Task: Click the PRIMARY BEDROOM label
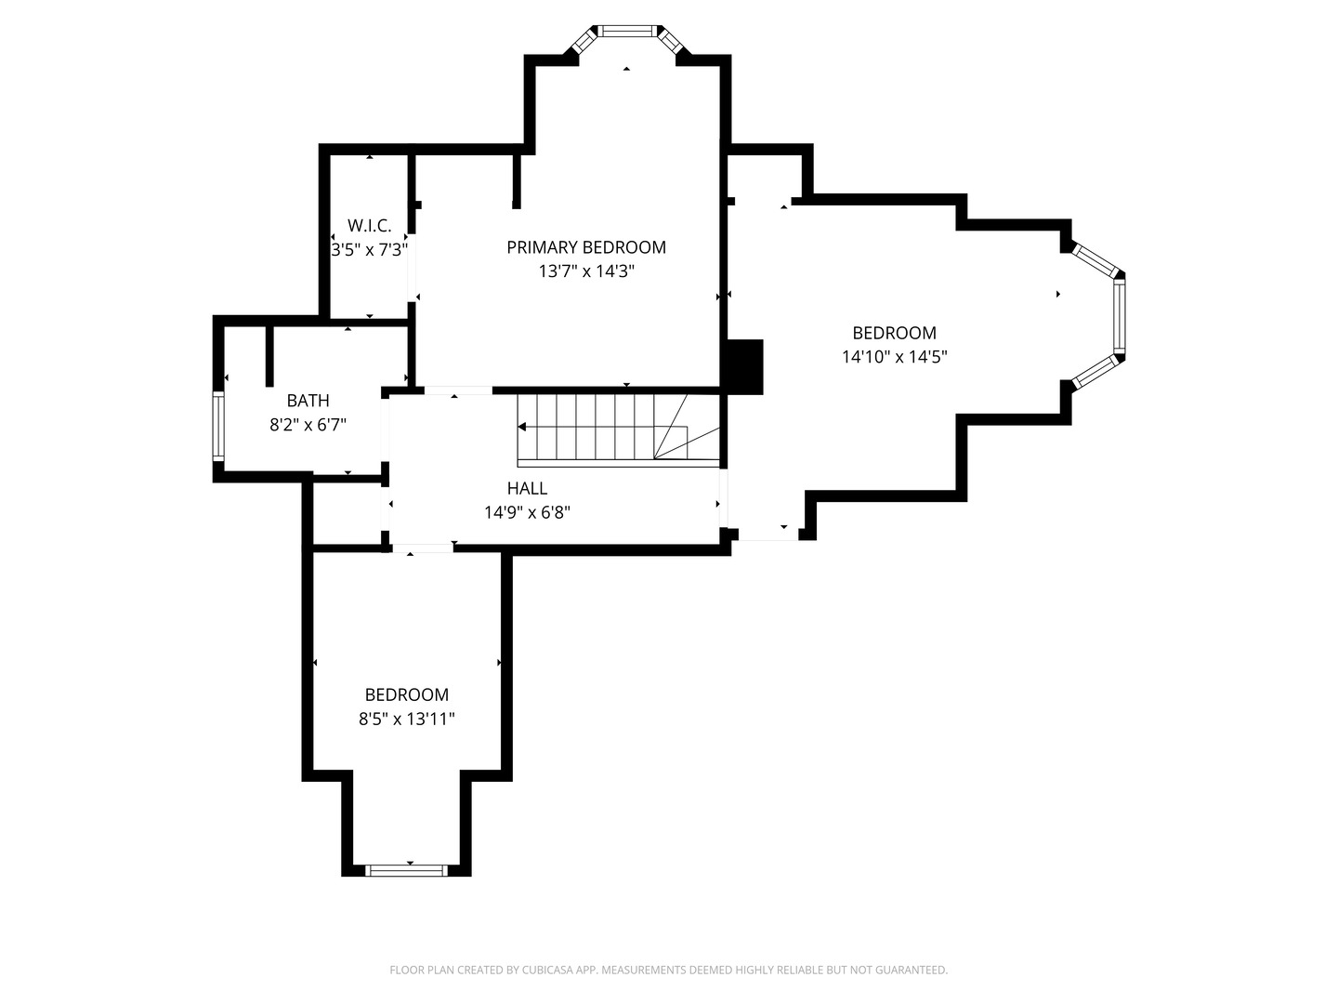point(585,247)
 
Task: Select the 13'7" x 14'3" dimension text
point(586,271)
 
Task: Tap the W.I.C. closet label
point(370,226)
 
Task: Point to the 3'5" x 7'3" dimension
point(370,249)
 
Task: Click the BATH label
point(308,401)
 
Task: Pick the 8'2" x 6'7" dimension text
point(308,424)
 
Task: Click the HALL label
point(527,488)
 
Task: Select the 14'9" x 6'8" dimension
point(527,512)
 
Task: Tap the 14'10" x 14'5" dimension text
point(894,357)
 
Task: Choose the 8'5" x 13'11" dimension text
point(407,720)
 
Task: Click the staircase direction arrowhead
point(522,428)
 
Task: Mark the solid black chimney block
point(745,367)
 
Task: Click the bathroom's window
point(218,427)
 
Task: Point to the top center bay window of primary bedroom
point(628,31)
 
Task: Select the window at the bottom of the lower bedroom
point(407,870)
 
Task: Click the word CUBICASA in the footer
point(548,970)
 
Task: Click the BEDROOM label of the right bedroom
point(894,333)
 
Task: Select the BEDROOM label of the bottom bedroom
point(407,695)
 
